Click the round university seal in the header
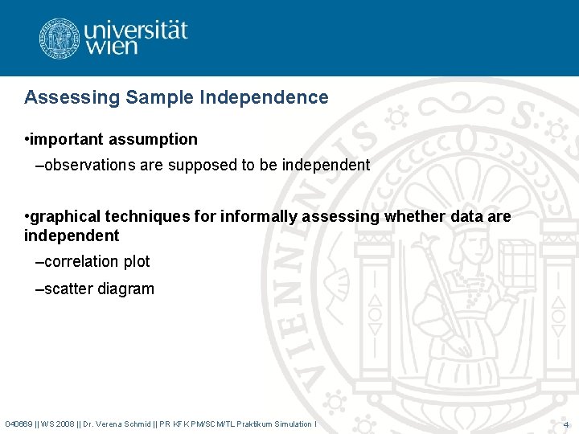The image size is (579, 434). pyautogui.click(x=59, y=38)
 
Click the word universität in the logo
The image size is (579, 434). pyautogui.click(x=136, y=31)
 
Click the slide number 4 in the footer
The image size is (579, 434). pyautogui.click(x=566, y=424)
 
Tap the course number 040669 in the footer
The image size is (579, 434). pyautogui.click(x=18, y=424)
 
